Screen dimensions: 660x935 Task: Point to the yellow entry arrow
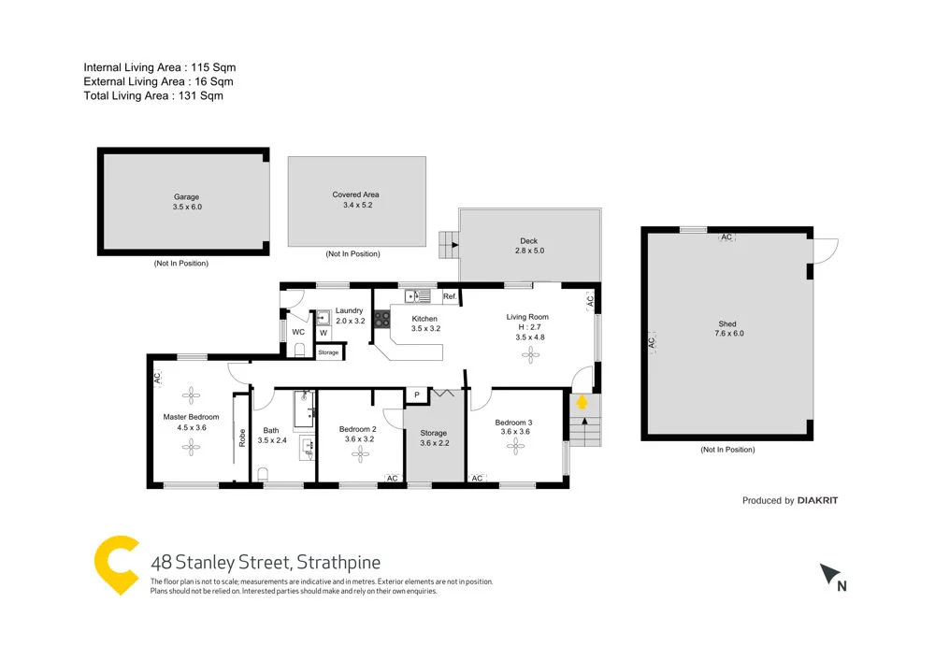pyautogui.click(x=582, y=402)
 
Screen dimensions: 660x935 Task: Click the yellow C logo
pyautogui.click(x=118, y=565)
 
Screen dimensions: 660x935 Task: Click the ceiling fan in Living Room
pyautogui.click(x=531, y=352)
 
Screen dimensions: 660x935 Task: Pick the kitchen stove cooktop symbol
pyautogui.click(x=381, y=319)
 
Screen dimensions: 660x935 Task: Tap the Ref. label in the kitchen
pyautogui.click(x=450, y=297)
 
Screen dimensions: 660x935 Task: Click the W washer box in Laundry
pyautogui.click(x=324, y=332)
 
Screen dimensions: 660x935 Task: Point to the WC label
pyautogui.click(x=297, y=332)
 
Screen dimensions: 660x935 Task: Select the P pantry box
pyautogui.click(x=416, y=395)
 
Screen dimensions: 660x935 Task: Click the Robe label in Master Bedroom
pyautogui.click(x=242, y=437)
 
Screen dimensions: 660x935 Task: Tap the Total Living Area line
pyautogui.click(x=153, y=95)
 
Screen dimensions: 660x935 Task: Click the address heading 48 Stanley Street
pyautogui.click(x=266, y=563)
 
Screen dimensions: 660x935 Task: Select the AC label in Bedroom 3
pyautogui.click(x=476, y=479)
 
